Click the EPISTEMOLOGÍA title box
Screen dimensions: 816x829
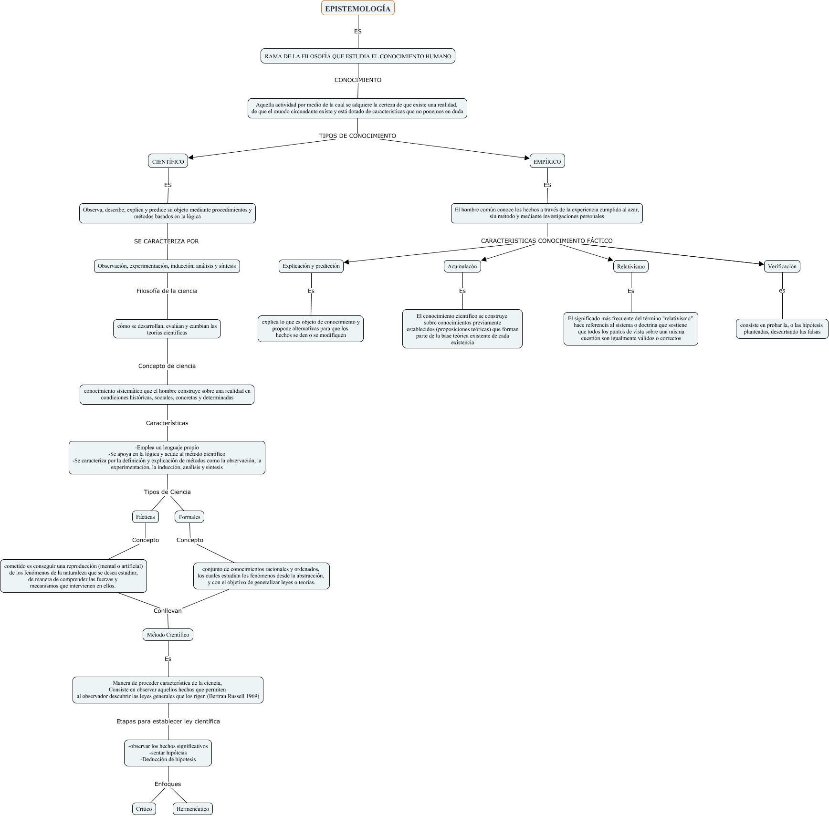357,9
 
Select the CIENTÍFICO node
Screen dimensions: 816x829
168,161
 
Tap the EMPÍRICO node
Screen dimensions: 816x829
547,161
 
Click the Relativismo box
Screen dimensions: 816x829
630,266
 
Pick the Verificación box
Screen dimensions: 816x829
782,266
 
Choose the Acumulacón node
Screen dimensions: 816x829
462,266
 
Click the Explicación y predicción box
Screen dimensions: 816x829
311,266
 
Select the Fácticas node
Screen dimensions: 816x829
145,517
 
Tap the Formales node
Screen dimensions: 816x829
189,517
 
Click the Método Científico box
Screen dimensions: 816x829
168,635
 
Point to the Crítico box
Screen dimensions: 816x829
144,809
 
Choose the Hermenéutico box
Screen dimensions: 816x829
192,809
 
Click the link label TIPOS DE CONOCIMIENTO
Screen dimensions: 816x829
357,136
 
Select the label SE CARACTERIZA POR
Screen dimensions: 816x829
166,241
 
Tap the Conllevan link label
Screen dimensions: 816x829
168,611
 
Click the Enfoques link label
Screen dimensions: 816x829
168,784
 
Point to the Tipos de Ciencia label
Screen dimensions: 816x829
167,492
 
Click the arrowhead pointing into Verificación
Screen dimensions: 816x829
762,264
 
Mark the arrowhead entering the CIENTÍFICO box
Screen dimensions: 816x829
191,157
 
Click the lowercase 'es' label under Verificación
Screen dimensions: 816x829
782,291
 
